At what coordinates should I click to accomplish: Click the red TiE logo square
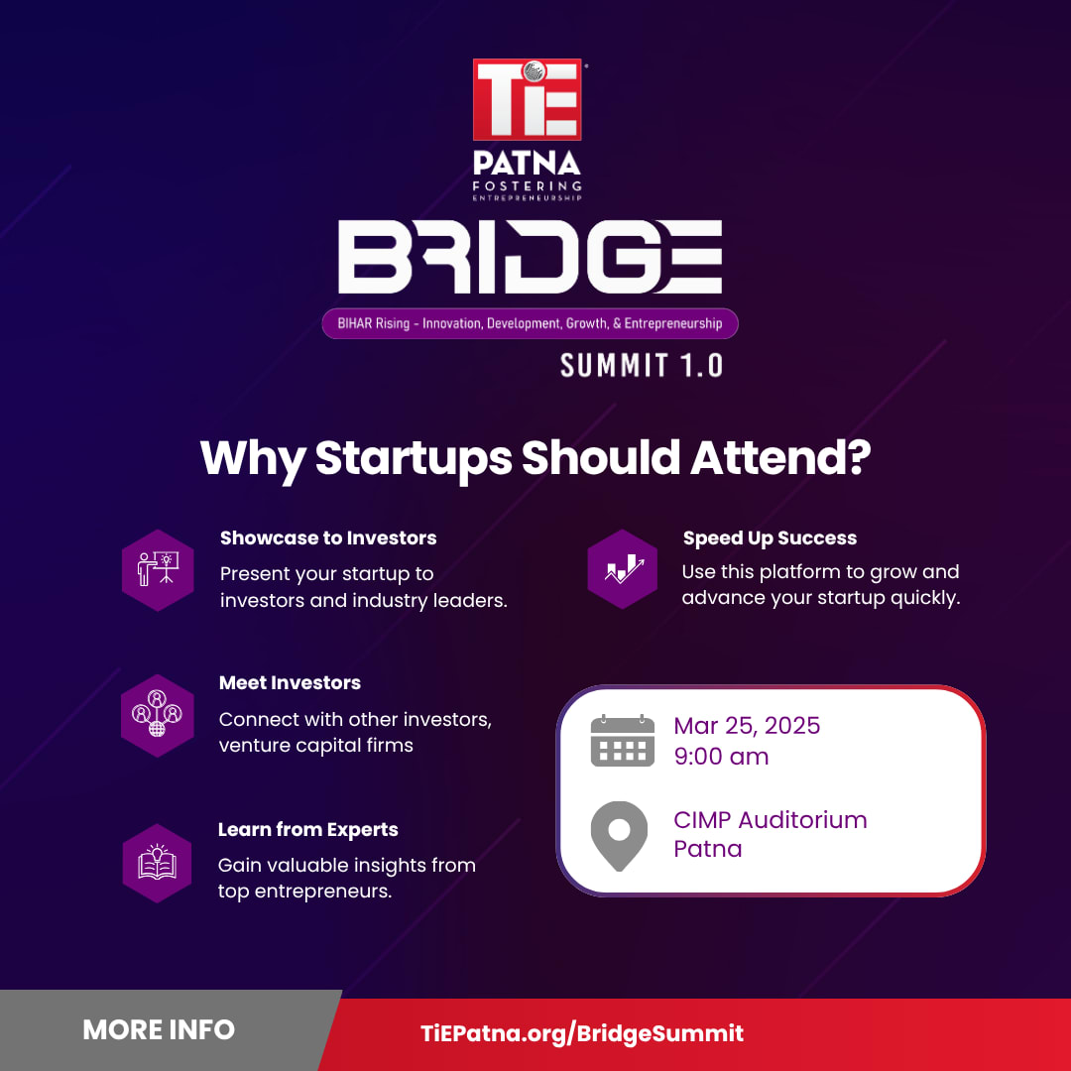click(x=527, y=99)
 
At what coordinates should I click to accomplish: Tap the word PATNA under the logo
click(x=527, y=164)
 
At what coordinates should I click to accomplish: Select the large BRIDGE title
click(x=530, y=256)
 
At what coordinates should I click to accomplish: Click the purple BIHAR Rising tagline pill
click(x=530, y=323)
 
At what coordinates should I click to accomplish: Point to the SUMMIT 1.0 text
click(x=642, y=365)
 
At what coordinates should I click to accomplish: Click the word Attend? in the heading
click(x=780, y=457)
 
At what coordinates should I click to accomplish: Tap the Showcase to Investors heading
click(x=328, y=538)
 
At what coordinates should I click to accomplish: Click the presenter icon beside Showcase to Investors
click(x=158, y=569)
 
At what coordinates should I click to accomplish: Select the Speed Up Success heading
click(x=770, y=538)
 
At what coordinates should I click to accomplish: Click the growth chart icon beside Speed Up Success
click(x=622, y=569)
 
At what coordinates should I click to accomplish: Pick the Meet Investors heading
click(x=290, y=683)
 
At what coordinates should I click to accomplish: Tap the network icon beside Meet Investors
click(x=157, y=715)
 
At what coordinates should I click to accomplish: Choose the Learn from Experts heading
click(x=308, y=830)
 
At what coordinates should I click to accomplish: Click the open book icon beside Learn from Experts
click(x=157, y=864)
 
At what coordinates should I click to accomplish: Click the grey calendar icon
click(x=622, y=741)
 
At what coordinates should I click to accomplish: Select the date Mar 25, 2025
click(x=747, y=726)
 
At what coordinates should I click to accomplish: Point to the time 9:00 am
click(x=721, y=757)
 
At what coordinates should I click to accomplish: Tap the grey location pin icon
click(x=619, y=836)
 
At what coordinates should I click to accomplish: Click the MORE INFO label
click(x=159, y=1030)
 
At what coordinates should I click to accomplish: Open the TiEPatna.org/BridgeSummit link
click(x=582, y=1033)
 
